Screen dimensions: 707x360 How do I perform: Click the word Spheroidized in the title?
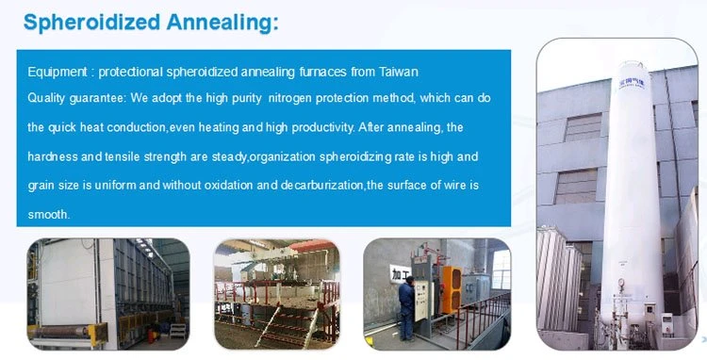92,23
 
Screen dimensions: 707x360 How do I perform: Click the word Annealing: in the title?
222,23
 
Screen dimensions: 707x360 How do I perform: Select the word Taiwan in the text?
398,72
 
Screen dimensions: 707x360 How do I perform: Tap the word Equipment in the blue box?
58,72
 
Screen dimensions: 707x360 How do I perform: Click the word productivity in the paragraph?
322,127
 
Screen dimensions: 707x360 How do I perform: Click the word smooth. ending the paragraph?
49,215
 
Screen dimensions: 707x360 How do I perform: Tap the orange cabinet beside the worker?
452,288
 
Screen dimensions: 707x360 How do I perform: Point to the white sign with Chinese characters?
399,273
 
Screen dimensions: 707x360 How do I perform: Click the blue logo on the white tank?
632,84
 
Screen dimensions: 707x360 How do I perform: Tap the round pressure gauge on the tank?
621,283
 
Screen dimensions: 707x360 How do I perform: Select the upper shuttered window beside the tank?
583,127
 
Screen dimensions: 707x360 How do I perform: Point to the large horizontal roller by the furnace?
63,332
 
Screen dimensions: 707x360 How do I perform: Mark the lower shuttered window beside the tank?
576,186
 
